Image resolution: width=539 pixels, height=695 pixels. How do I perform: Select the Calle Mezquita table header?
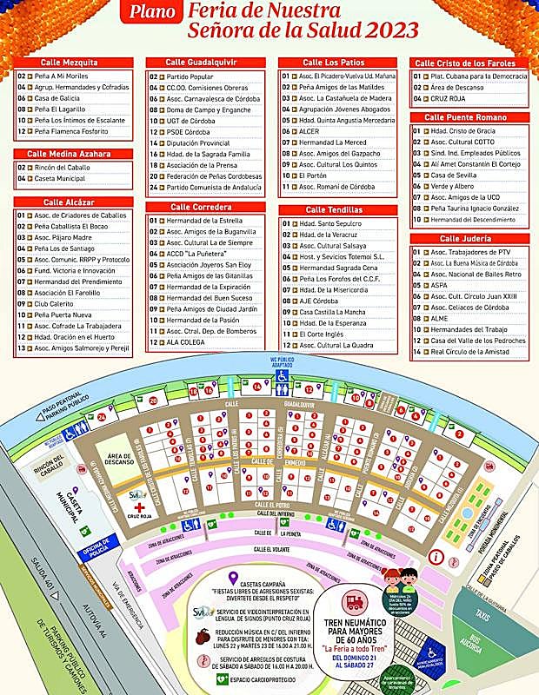coord(74,63)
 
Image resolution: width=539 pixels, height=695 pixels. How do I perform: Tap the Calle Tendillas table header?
coord(338,209)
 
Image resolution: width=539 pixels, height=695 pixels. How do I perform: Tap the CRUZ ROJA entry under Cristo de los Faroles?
coord(445,99)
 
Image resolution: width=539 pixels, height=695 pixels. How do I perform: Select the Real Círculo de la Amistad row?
coord(472,351)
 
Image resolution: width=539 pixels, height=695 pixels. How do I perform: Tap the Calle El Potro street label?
coord(271,504)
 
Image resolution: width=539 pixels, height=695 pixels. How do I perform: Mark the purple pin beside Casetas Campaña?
coord(233,578)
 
